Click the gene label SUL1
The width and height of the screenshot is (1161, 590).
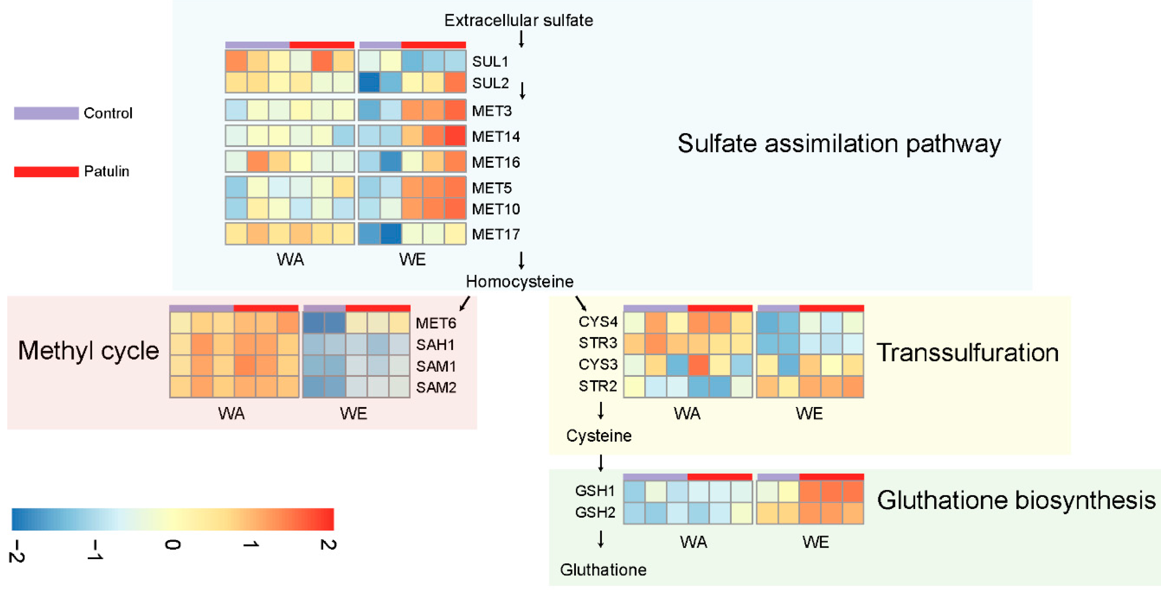pyautogui.click(x=490, y=61)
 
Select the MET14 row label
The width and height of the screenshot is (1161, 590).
pyautogui.click(x=496, y=137)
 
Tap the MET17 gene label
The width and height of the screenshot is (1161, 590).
pyautogui.click(x=496, y=234)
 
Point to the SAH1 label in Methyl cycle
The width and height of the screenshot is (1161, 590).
pyautogui.click(x=435, y=345)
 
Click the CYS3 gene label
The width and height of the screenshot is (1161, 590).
pyautogui.click(x=598, y=364)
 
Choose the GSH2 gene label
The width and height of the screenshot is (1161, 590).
pyautogui.click(x=595, y=512)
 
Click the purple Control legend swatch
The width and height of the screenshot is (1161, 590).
pyautogui.click(x=46, y=113)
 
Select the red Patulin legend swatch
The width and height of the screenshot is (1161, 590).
pyautogui.click(x=46, y=172)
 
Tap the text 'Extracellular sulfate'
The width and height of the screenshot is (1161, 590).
pyautogui.click(x=518, y=20)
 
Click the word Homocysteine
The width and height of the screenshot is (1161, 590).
pyautogui.click(x=519, y=281)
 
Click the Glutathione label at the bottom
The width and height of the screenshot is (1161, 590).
pyautogui.click(x=603, y=570)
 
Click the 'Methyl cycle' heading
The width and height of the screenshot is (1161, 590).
pyautogui.click(x=88, y=351)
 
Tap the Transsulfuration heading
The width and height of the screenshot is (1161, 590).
pyautogui.click(x=967, y=353)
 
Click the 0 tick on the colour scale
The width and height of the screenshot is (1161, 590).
pyautogui.click(x=172, y=545)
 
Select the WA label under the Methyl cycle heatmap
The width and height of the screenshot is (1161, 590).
pyautogui.click(x=231, y=413)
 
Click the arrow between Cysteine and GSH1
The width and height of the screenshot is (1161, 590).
pyautogui.click(x=601, y=463)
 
